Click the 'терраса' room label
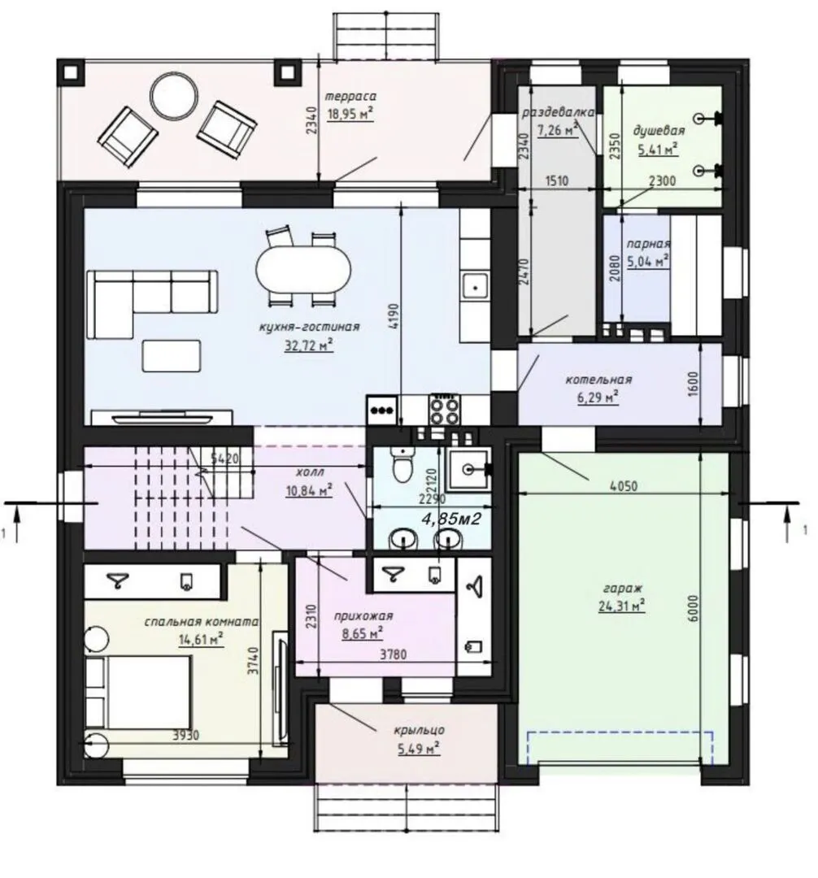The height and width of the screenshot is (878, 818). coord(351,96)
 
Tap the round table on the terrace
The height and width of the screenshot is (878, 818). coord(175,94)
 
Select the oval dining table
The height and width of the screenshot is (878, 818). coord(303,270)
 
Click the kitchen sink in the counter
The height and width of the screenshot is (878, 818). coord(474,287)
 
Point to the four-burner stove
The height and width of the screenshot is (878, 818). coord(445,410)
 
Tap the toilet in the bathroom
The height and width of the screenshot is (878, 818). coord(401,465)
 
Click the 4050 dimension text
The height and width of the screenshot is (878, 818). coord(623,486)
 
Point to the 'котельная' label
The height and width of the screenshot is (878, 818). coord(598,380)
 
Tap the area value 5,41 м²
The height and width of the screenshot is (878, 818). coord(659,149)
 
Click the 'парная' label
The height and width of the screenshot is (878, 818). coord(648,244)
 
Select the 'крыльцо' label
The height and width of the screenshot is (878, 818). coord(420,730)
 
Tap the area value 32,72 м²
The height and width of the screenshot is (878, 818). coord(309,345)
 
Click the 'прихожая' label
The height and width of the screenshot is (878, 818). coord(363,616)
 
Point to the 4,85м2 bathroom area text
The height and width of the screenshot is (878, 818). coord(451,519)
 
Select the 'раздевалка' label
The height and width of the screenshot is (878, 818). coord(558,112)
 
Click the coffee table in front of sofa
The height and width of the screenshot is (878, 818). coord(172,355)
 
